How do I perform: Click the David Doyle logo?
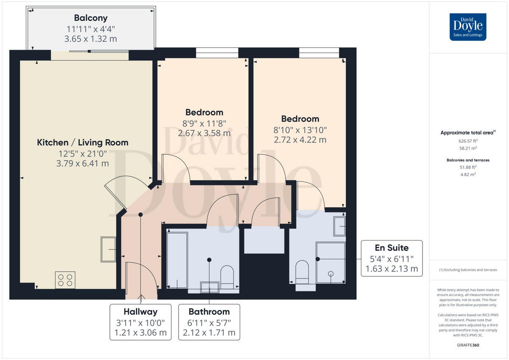pyautogui.click(x=468, y=27)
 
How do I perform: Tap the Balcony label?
pyautogui.click(x=90, y=18)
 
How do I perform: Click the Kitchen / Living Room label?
pyautogui.click(x=83, y=142)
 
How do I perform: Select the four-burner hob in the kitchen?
pyautogui.click(x=65, y=280)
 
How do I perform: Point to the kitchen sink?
pyautogui.click(x=108, y=249)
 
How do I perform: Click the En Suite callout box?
pyautogui.click(x=392, y=258)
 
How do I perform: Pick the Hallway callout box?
pyautogui.click(x=140, y=322)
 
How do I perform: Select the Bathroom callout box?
pyautogui.click(x=209, y=322)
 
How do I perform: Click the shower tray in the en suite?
pyautogui.click(x=330, y=262)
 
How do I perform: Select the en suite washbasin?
pyautogui.click(x=339, y=226)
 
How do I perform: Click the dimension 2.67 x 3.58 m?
pyautogui.click(x=204, y=133)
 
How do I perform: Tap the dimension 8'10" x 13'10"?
pyautogui.click(x=299, y=130)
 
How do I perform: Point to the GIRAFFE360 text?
pyautogui.click(x=468, y=345)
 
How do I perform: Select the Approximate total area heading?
pyautogui.click(x=467, y=133)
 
